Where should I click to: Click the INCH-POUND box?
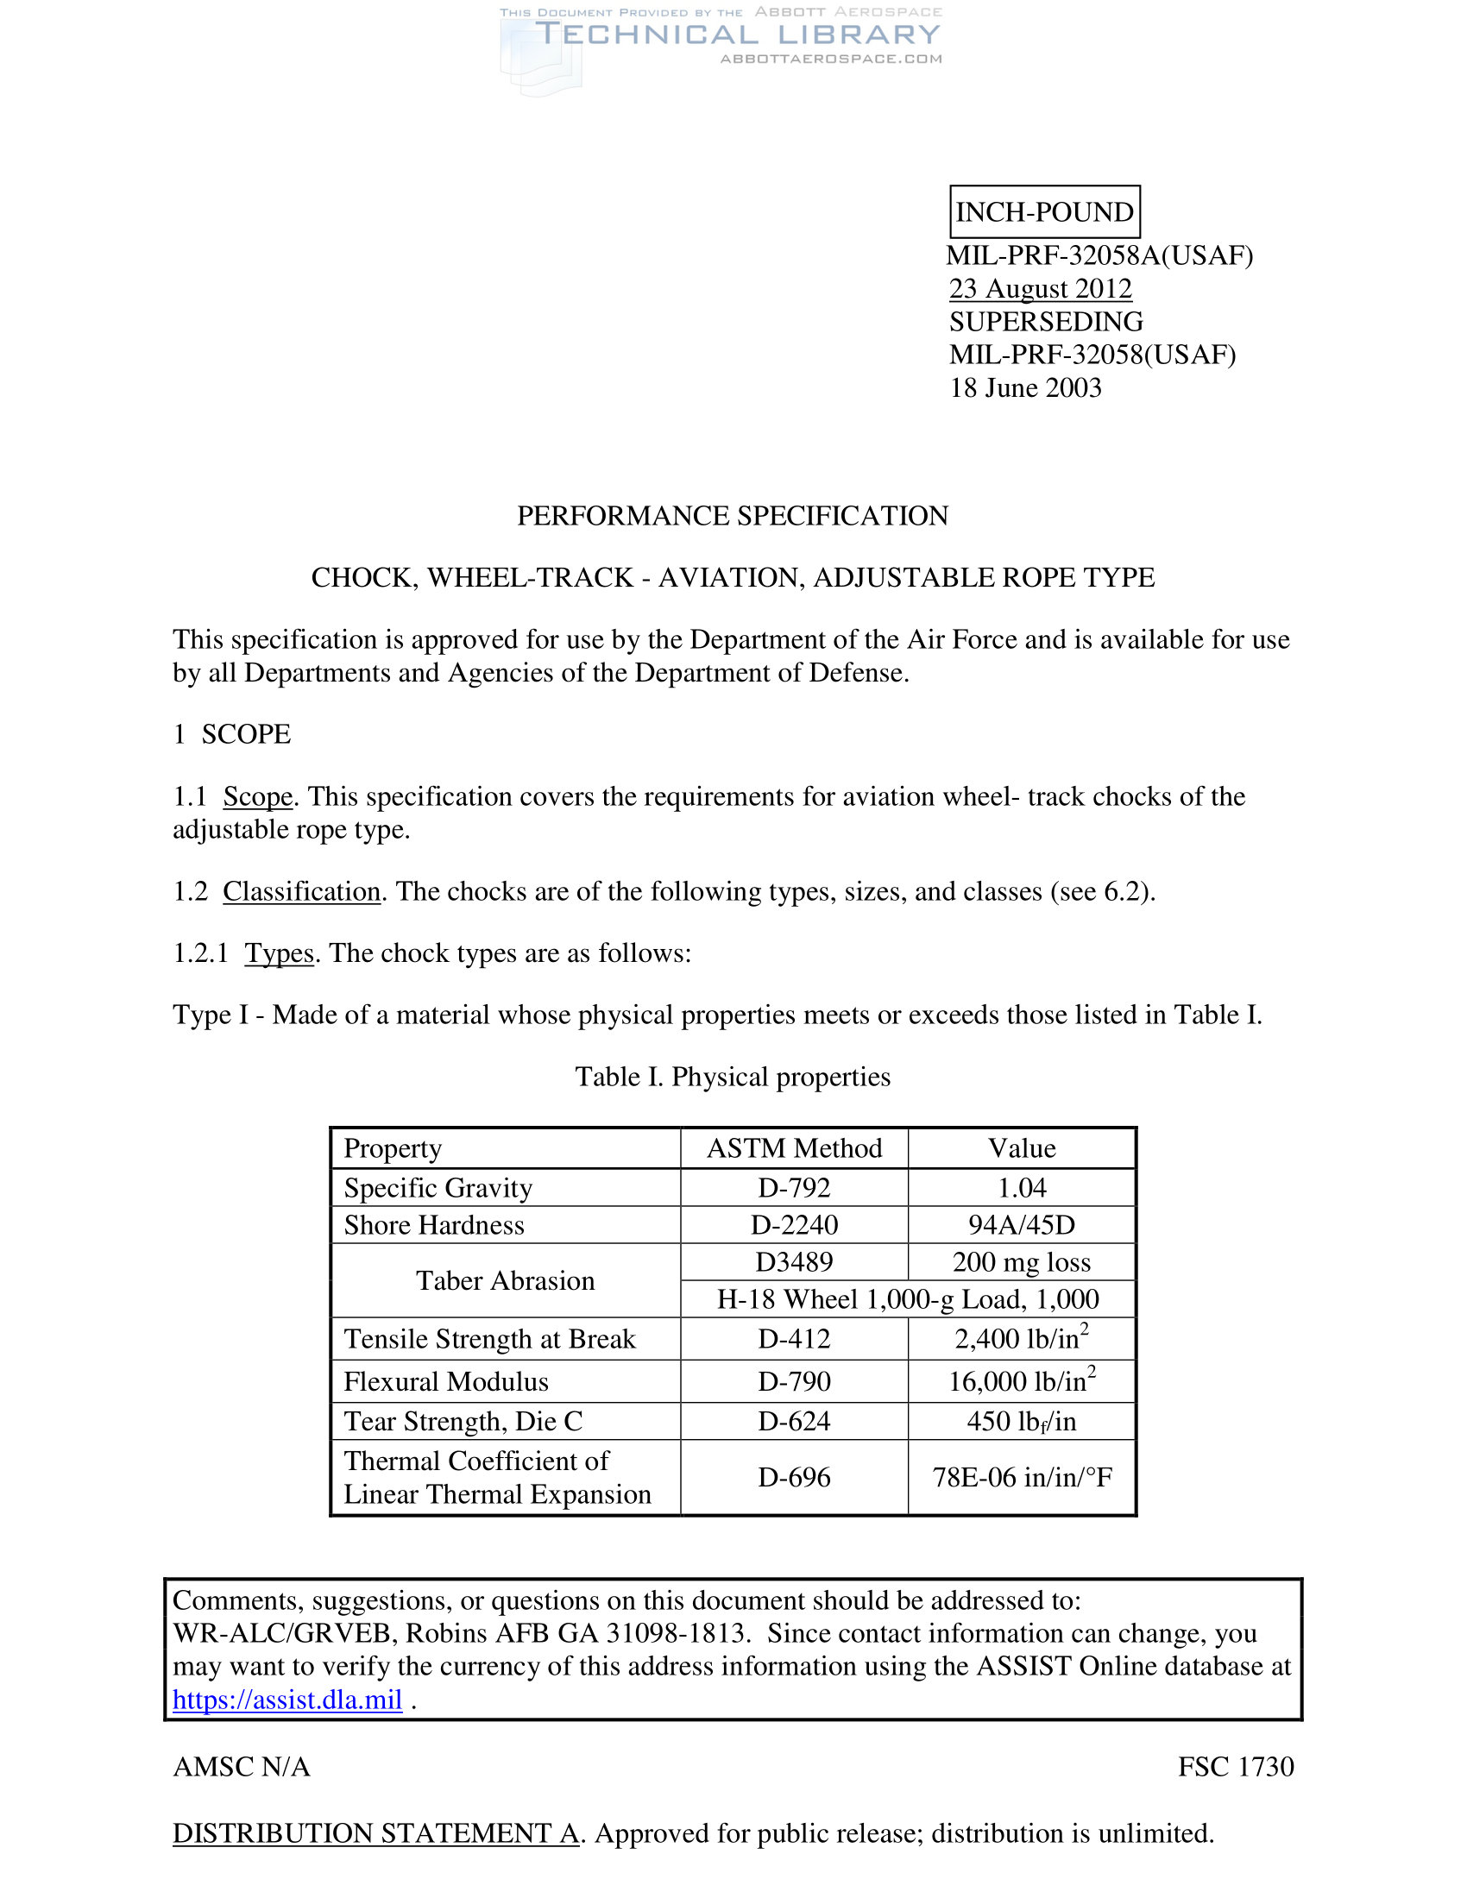[x=1044, y=212]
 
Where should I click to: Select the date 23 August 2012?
[x=1041, y=288]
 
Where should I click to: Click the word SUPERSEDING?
[x=1046, y=322]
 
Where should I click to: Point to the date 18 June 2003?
[x=1024, y=387]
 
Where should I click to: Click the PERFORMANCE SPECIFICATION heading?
[x=733, y=516]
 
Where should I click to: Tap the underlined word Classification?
[x=301, y=892]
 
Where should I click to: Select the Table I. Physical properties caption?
[x=733, y=1077]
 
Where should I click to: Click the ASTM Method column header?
[x=794, y=1148]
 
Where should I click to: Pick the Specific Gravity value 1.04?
[x=1022, y=1187]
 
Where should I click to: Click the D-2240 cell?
[x=794, y=1224]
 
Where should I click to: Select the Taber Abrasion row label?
[x=505, y=1280]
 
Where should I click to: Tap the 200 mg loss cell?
[x=1021, y=1262]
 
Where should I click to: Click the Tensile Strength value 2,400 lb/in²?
[x=1021, y=1338]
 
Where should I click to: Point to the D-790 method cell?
[x=794, y=1381]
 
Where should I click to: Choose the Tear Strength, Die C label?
[x=463, y=1421]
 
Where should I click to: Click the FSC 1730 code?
[x=1235, y=1767]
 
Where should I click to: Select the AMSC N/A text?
[x=242, y=1767]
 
